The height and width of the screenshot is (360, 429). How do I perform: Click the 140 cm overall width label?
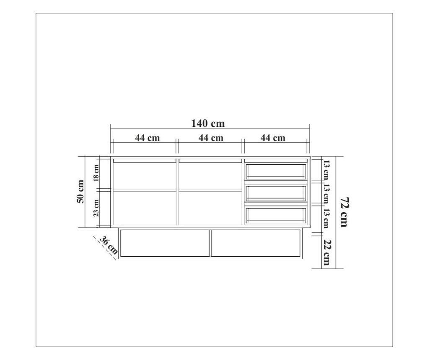coord(208,123)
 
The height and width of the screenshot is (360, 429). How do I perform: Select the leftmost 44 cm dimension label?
coord(147,138)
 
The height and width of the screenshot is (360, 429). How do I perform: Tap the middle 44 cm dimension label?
coord(211,138)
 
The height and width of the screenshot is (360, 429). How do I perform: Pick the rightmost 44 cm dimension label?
coord(273,138)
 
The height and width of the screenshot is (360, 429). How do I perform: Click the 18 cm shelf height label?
coord(96,173)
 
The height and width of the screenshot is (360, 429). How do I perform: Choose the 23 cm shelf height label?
coord(96,208)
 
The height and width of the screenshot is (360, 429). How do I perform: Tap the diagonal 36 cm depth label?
coord(109,245)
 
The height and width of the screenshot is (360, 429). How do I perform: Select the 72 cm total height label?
coord(344,212)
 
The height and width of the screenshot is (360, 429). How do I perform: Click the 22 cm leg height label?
coord(326,252)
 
